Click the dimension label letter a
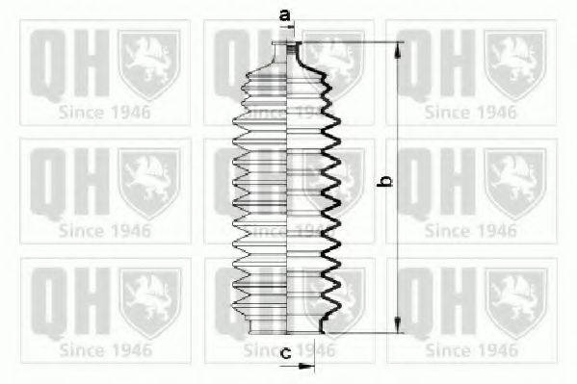[x=285, y=15]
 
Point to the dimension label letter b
[x=385, y=181]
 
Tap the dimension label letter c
[x=286, y=353]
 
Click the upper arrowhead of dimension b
[x=398, y=51]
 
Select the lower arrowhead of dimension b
[x=398, y=324]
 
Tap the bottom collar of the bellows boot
[x=287, y=326]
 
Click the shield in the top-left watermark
[x=149, y=64]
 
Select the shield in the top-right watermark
[x=514, y=64]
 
